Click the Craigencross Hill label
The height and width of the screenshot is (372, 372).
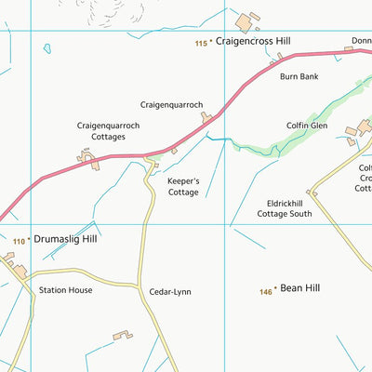(x=253, y=41)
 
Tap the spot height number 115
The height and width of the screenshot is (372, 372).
(x=201, y=42)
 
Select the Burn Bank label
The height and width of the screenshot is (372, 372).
(x=299, y=76)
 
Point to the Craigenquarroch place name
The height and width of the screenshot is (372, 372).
(x=171, y=105)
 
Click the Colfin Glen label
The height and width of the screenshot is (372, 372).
(x=307, y=125)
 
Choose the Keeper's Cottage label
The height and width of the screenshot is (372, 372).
(x=183, y=187)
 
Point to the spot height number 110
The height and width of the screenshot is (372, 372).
(x=19, y=241)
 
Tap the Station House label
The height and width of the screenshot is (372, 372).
(x=65, y=290)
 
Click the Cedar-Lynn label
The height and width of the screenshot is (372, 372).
(x=170, y=291)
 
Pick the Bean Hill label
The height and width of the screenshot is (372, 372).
(x=299, y=289)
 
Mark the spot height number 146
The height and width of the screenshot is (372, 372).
(x=266, y=292)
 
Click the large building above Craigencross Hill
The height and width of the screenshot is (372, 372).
(x=246, y=21)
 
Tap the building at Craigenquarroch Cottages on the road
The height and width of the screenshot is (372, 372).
(x=90, y=161)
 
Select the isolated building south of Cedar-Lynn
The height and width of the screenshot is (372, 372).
(x=123, y=334)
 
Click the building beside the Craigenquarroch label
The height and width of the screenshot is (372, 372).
(x=206, y=117)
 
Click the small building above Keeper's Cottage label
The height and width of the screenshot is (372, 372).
(x=174, y=151)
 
